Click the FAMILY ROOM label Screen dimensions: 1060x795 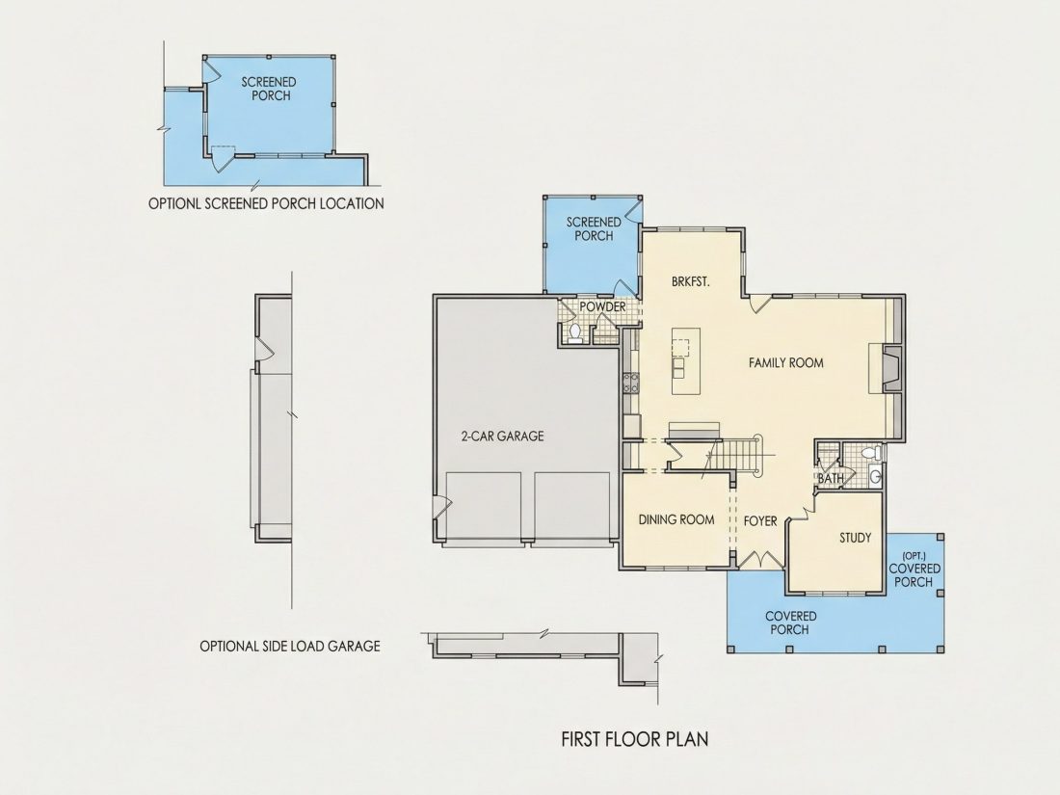coord(785,363)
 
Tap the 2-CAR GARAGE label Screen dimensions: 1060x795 coord(502,437)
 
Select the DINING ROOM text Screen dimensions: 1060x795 coord(676,519)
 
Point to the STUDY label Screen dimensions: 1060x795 coord(855,538)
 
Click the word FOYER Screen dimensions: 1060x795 coord(760,521)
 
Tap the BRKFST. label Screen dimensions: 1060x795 coord(691,282)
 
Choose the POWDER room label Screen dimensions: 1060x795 coord(602,306)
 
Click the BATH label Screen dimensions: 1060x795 coord(831,479)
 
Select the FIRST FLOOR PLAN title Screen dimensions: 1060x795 coord(635,739)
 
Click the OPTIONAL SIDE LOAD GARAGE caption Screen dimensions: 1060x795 coord(290,647)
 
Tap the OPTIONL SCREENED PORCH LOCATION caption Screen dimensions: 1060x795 coord(266,203)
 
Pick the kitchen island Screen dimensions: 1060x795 coord(685,361)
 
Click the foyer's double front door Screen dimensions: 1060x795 coord(760,561)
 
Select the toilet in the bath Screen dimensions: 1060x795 coord(870,452)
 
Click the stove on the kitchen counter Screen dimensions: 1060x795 coord(631,384)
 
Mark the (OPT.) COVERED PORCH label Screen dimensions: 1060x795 coord(914,570)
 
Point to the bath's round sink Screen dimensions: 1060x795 coord(875,477)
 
